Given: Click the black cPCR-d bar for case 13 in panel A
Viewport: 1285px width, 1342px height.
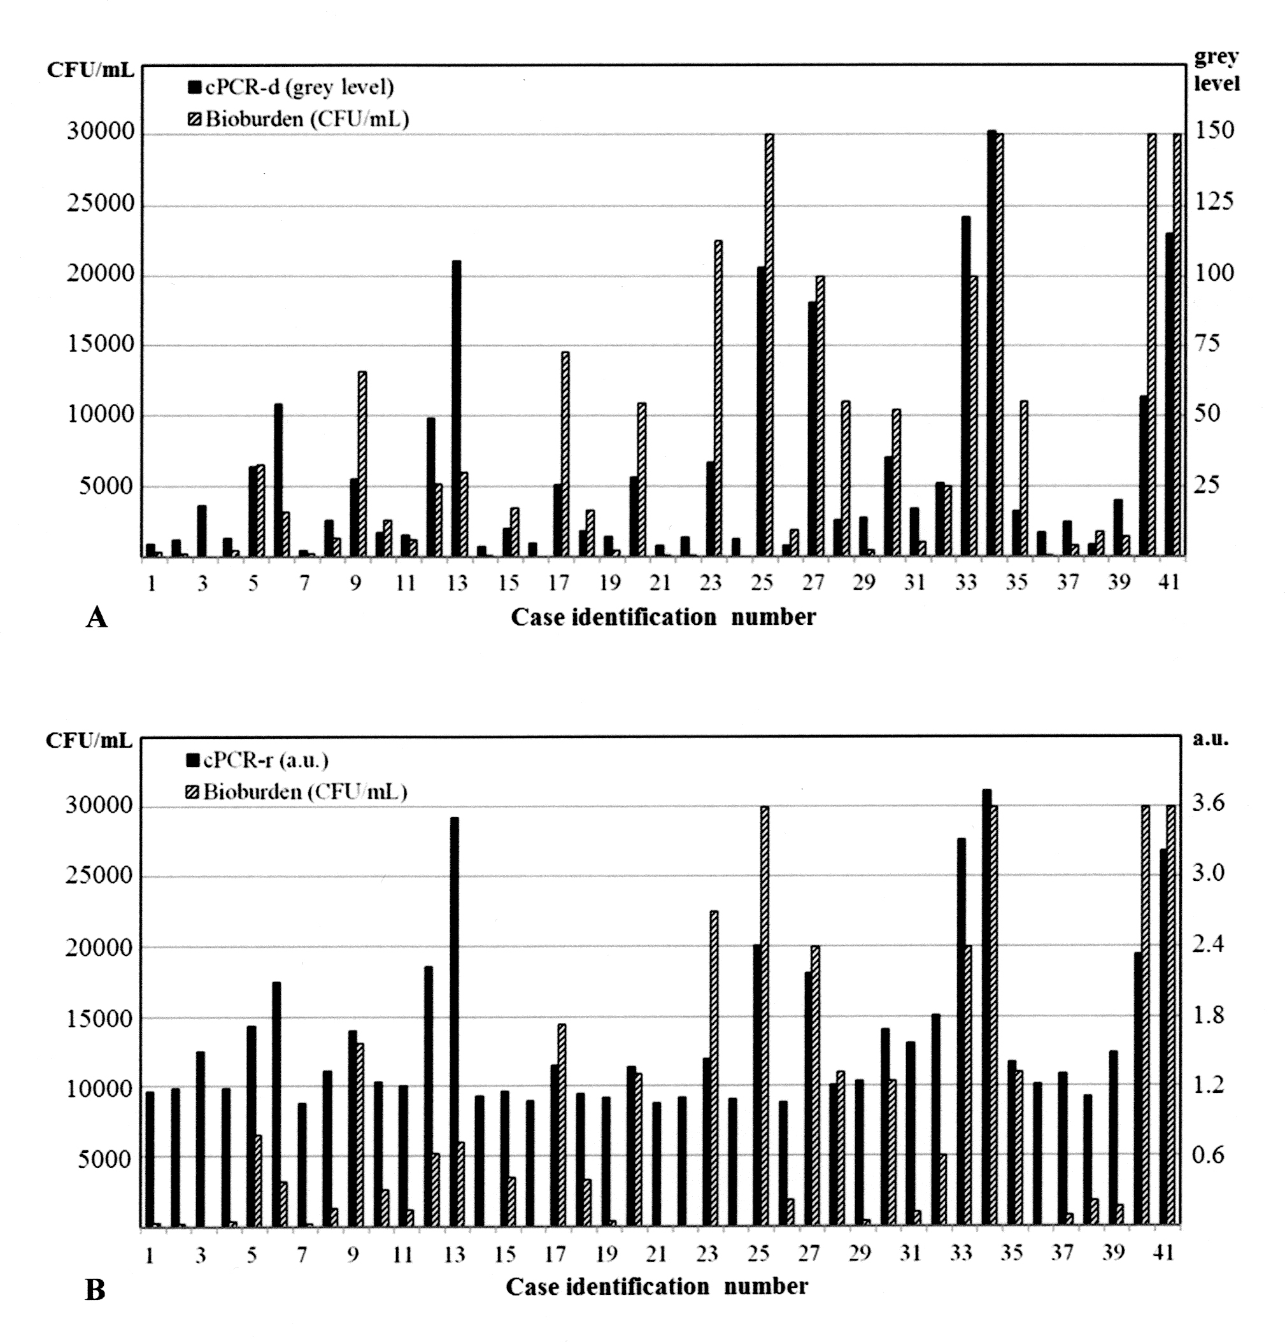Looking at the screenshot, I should click(457, 410).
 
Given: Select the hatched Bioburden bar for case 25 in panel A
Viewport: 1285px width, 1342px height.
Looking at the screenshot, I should click(769, 345).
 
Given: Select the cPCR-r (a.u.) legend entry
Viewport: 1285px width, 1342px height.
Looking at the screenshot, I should click(257, 760).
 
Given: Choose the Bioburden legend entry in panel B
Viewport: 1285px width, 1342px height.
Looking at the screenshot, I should click(298, 792).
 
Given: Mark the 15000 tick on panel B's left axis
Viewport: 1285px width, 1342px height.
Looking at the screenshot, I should click(99, 1018).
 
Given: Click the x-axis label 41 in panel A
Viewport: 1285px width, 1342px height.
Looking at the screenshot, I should click(1168, 582).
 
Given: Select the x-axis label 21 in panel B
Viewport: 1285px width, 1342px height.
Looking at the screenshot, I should click(657, 1253).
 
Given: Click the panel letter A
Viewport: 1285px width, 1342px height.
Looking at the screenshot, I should click(97, 618).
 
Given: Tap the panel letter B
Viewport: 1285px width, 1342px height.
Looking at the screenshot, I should click(95, 1290).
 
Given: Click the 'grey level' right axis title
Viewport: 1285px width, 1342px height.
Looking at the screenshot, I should click(1216, 70).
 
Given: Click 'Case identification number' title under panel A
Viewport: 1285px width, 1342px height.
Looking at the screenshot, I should click(663, 618).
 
